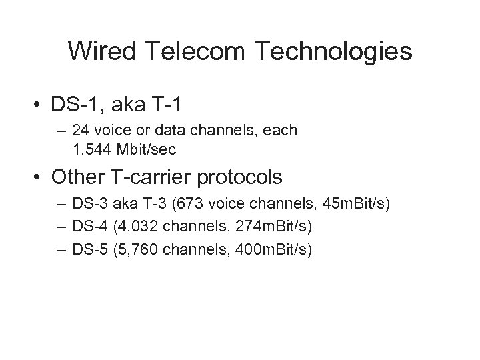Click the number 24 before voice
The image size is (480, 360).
[x=83, y=130]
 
